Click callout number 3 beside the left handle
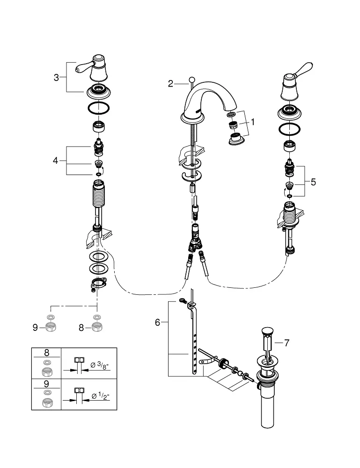[57, 78]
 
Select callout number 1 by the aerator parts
[253, 122]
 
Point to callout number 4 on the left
[56, 161]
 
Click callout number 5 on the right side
[313, 182]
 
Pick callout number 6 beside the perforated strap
[157, 322]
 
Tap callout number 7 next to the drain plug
[287, 343]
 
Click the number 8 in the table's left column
[46, 353]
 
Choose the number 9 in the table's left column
[46, 384]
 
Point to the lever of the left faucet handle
[81, 69]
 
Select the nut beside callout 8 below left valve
[97, 327]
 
